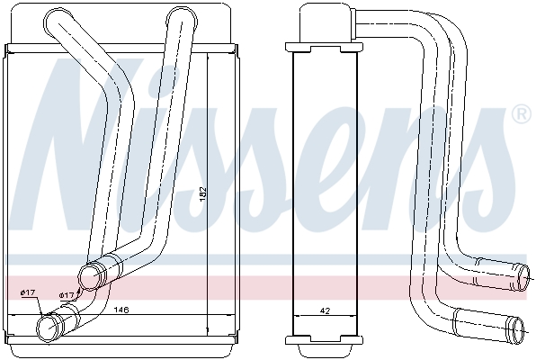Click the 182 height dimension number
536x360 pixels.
tap(204, 193)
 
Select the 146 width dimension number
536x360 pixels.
tap(121, 310)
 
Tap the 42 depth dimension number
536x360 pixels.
tap(325, 310)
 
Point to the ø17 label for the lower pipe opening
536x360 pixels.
tap(28, 292)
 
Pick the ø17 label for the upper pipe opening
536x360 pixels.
tap(67, 295)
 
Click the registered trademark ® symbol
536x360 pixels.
tap(522, 114)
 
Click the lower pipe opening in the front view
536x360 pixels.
tap(49, 328)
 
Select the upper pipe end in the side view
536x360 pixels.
tap(523, 277)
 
